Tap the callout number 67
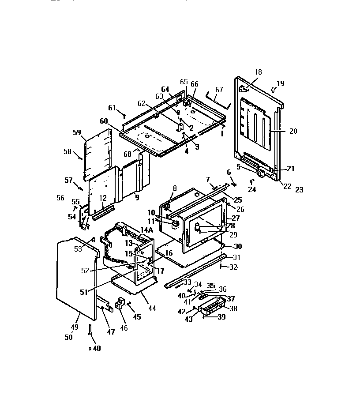point(219,90)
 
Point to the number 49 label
point(75,327)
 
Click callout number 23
point(299,190)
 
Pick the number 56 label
point(60,198)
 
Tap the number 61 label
point(112,108)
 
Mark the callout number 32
point(233,267)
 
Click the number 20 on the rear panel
point(281,131)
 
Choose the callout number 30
point(237,246)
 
